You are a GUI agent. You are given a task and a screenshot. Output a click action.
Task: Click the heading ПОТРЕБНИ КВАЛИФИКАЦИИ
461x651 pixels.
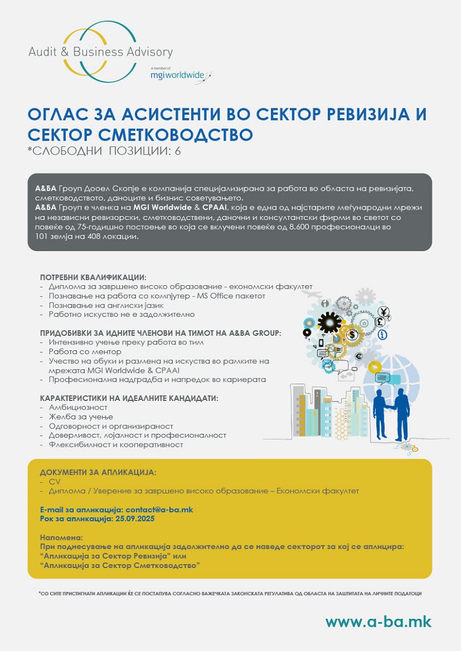click(93, 277)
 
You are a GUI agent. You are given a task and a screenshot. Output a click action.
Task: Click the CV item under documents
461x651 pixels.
click(55, 482)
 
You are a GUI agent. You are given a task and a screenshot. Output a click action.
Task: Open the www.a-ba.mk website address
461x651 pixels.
click(378, 622)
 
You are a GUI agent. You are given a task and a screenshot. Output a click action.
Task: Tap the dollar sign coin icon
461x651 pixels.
click(352, 335)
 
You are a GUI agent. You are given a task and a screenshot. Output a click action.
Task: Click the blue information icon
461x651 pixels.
click(382, 335)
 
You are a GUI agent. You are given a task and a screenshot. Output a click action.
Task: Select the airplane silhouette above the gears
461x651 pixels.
click(312, 294)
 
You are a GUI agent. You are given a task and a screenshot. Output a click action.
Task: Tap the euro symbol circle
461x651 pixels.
click(358, 356)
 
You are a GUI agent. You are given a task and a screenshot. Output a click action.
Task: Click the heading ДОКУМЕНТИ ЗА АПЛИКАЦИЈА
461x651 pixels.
click(98, 472)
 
